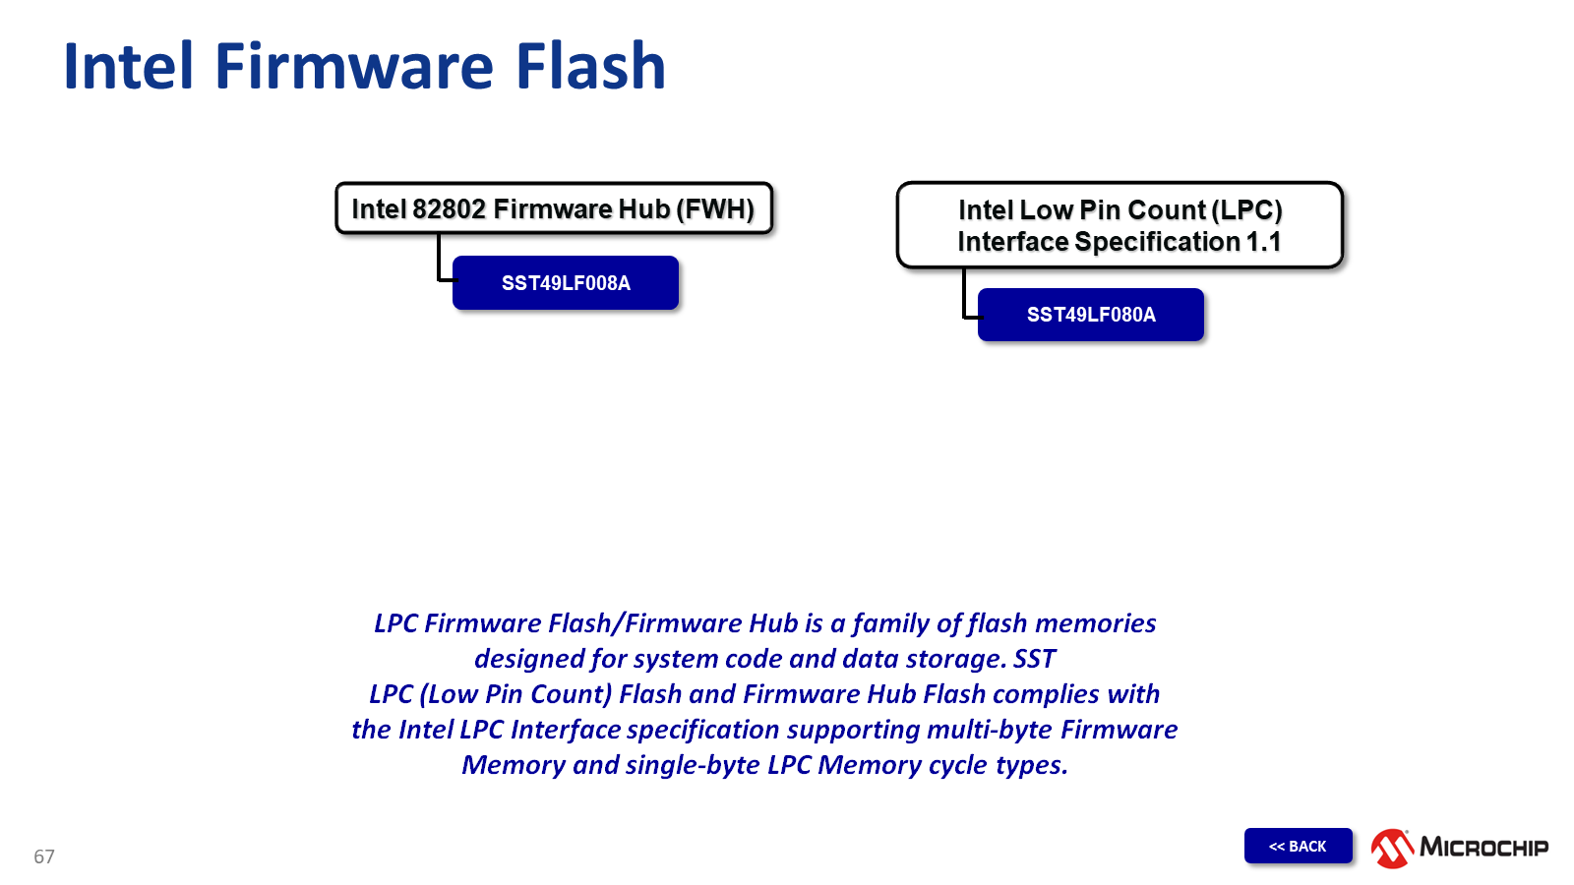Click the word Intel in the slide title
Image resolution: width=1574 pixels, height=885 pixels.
tap(128, 67)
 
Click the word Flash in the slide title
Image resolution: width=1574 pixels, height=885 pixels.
tap(590, 67)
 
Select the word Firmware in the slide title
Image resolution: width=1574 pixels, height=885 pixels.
tap(354, 67)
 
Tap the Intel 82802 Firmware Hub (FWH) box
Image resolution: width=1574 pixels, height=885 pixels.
tap(554, 208)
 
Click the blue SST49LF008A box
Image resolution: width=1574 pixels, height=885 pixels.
tap(566, 283)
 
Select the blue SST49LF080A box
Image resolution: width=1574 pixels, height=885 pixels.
tap(1091, 315)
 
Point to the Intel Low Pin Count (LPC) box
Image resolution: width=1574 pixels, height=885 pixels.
tap(1120, 225)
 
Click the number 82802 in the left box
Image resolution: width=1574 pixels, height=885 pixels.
tap(449, 209)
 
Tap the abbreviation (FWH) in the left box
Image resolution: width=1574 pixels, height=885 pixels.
tap(715, 209)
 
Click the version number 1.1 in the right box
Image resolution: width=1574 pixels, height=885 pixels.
tap(1263, 242)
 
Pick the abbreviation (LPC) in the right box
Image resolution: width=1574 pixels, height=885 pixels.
tap(1246, 210)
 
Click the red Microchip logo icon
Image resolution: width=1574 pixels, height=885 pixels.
tap(1392, 848)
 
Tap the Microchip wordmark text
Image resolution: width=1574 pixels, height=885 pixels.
tap(1483, 848)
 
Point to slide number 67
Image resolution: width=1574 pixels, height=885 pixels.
tap(44, 856)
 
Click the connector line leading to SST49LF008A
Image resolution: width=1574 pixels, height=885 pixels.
tap(439, 261)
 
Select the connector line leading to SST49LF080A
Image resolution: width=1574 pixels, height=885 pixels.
tap(964, 295)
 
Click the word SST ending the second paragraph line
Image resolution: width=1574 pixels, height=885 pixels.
tap(1034, 659)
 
